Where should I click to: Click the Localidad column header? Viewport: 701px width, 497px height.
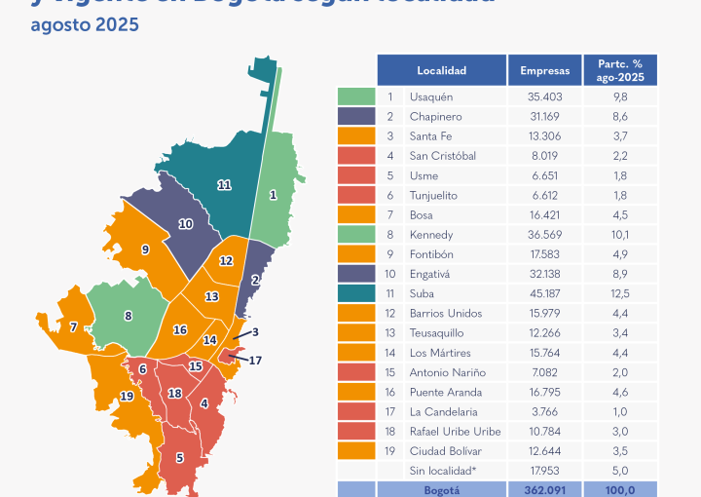pyautogui.click(x=441, y=71)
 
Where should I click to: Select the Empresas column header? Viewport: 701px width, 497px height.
pyautogui.click(x=545, y=71)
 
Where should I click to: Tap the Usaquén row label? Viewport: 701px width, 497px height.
pyautogui.click(x=431, y=96)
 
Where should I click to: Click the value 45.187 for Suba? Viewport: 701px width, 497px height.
pyautogui.click(x=545, y=293)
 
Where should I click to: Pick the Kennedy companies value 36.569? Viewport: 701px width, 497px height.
pyautogui.click(x=545, y=235)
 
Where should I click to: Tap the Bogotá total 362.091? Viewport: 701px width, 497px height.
pyautogui.click(x=545, y=490)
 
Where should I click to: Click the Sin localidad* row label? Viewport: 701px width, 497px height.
pyautogui.click(x=444, y=471)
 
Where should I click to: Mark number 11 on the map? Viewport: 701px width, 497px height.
pyautogui.click(x=224, y=184)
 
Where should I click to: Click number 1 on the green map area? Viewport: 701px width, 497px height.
pyautogui.click(x=274, y=195)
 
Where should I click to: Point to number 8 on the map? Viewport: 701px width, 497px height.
pyautogui.click(x=128, y=316)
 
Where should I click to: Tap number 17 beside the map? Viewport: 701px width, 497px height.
pyautogui.click(x=256, y=361)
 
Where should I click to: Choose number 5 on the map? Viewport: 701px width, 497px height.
pyautogui.click(x=179, y=457)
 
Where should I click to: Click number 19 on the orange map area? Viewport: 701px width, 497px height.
pyautogui.click(x=127, y=396)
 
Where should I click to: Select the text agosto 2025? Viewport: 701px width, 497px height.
pyautogui.click(x=85, y=24)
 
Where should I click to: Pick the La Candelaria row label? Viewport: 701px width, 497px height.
pyautogui.click(x=443, y=411)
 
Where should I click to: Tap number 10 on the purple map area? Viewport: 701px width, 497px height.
pyautogui.click(x=185, y=224)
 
